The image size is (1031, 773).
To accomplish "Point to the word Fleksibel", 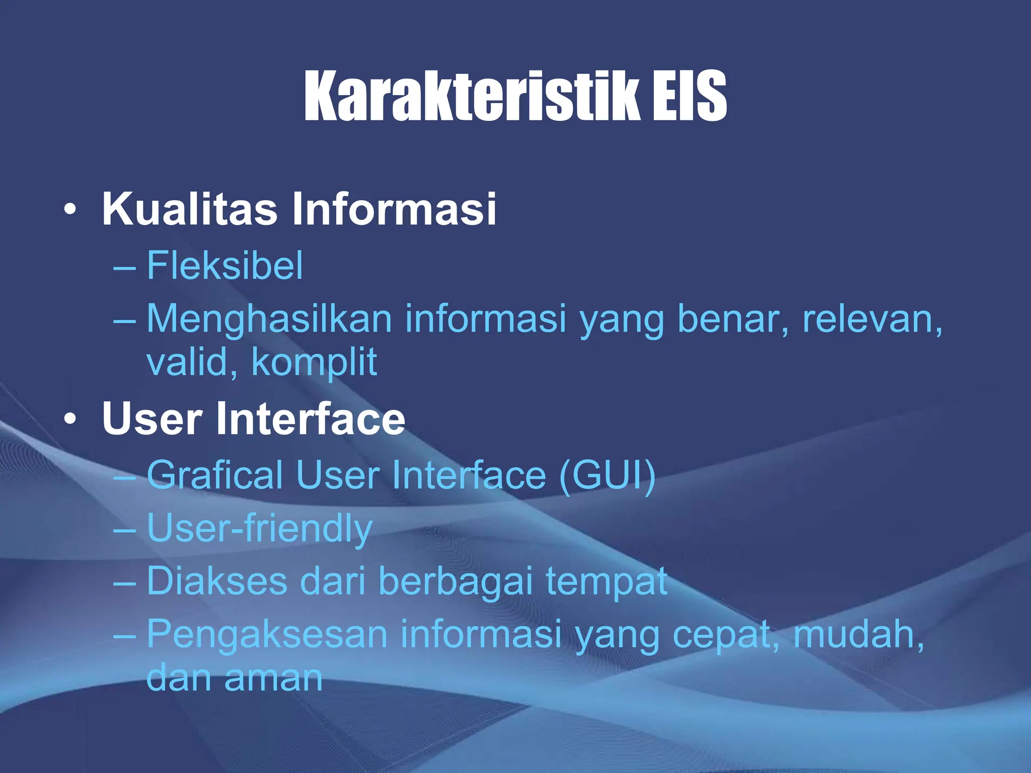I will pyautogui.click(x=225, y=265).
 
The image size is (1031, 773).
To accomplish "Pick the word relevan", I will pyautogui.click(x=871, y=320).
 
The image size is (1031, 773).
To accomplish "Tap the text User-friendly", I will pyautogui.click(x=259, y=528).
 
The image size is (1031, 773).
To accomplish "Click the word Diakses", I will pyautogui.click(x=217, y=581).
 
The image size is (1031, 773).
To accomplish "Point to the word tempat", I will pyautogui.click(x=606, y=581).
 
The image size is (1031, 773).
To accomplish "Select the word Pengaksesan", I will pyautogui.click(x=267, y=634).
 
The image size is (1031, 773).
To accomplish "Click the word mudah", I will pyautogui.click(x=858, y=634).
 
